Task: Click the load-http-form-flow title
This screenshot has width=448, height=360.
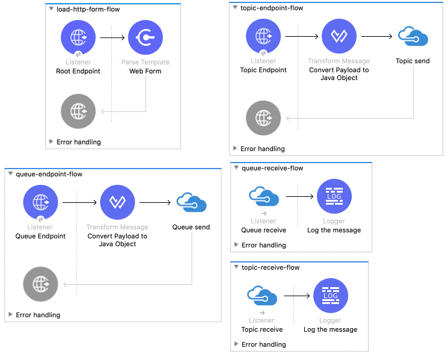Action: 88,9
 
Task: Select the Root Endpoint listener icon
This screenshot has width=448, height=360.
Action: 78,37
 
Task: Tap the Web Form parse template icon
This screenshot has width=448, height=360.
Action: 146,37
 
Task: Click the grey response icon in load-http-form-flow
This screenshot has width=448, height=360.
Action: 78,111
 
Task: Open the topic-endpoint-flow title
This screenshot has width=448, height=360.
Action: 271,8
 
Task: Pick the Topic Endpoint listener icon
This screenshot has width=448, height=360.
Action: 263,36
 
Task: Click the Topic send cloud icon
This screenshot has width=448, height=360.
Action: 413,37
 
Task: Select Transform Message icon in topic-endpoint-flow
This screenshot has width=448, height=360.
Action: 339,36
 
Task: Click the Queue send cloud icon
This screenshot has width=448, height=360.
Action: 191,203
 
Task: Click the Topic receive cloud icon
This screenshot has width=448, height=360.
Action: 262,296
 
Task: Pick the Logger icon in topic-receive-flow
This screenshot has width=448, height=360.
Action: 331,296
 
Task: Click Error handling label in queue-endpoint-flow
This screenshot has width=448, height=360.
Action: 38,315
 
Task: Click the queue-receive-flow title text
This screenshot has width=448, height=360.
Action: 272,168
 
